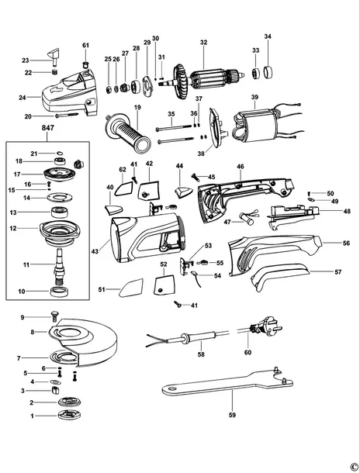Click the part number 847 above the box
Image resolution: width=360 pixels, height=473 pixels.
click(x=48, y=128)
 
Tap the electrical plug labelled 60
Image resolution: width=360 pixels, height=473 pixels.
click(x=265, y=326)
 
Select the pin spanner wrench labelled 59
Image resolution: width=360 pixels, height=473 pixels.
click(x=227, y=381)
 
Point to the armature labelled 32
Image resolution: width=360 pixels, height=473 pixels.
click(x=208, y=80)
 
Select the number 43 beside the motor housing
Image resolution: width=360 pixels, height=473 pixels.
click(x=95, y=251)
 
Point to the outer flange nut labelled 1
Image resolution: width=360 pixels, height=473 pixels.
click(x=70, y=416)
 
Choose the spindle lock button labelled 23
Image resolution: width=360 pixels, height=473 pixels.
click(x=54, y=57)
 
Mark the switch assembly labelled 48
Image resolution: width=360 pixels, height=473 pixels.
click(x=291, y=216)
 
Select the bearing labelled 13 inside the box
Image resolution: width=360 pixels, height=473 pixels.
click(x=59, y=212)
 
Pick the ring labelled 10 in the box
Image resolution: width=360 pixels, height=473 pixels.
click(x=60, y=292)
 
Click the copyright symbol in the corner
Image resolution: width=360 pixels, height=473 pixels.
click(x=354, y=467)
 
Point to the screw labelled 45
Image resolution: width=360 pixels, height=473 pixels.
click(x=196, y=178)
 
